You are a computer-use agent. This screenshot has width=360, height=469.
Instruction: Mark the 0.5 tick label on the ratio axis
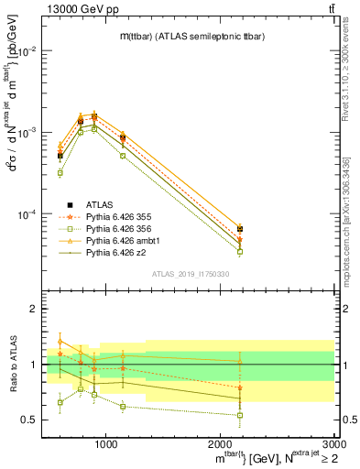(x=29, y=420)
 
